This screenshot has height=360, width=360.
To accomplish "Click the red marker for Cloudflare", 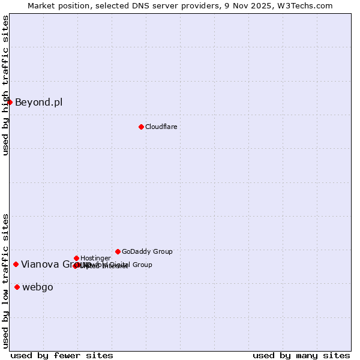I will click(x=141, y=127).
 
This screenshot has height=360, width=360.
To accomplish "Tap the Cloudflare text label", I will click(x=161, y=127).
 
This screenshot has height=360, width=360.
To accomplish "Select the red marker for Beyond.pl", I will click(x=10, y=102).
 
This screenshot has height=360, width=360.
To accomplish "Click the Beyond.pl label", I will click(x=38, y=102).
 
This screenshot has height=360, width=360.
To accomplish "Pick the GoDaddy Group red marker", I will click(x=118, y=251).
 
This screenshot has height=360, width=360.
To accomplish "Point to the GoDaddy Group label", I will click(x=147, y=251).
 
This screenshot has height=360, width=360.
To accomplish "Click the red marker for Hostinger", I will click(x=76, y=258).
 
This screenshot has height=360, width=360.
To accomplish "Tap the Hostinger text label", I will click(x=95, y=258).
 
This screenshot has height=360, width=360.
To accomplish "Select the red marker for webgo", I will click(x=17, y=287).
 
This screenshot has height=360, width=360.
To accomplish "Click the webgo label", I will click(x=37, y=287).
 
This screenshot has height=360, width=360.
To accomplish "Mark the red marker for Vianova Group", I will click(x=16, y=264).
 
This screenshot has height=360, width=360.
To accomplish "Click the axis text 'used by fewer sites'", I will click(x=62, y=355).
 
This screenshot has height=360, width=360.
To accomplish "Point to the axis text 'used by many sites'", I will click(x=301, y=355).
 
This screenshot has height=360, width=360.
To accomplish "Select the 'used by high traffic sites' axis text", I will click(x=5, y=85).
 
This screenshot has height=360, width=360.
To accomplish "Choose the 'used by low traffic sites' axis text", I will click(x=5, y=280).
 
